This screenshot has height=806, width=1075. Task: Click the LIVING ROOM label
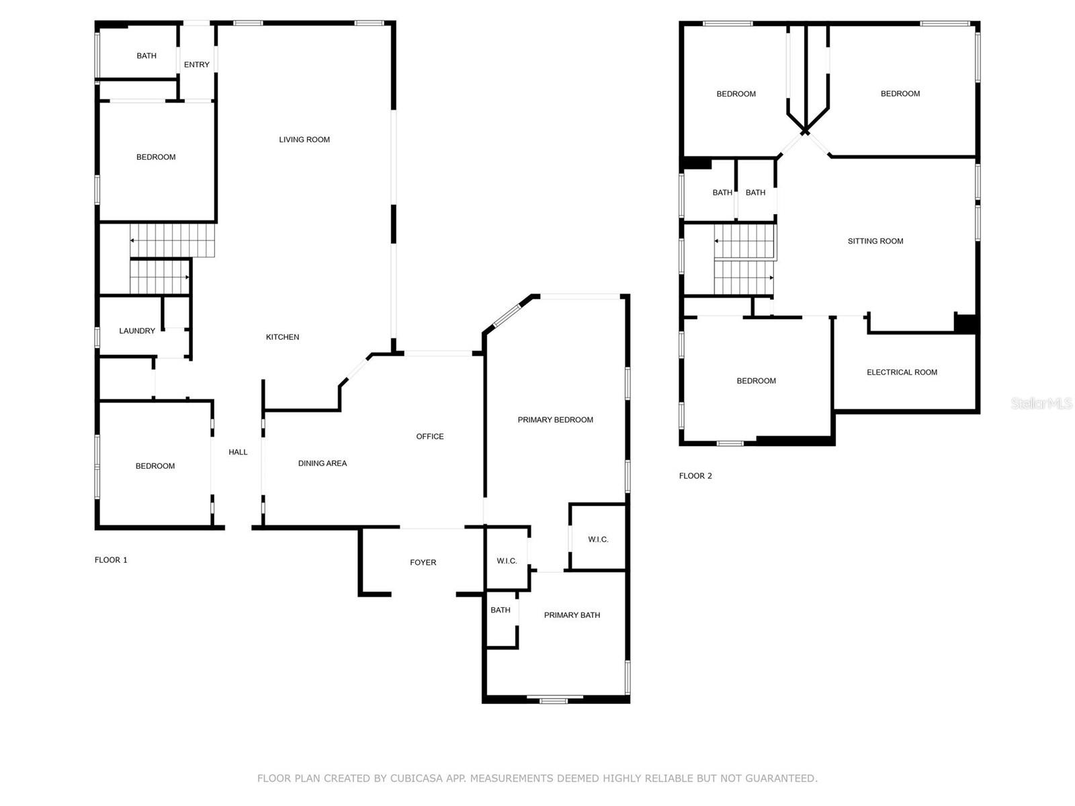point(304,140)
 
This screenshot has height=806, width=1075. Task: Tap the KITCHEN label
point(282,337)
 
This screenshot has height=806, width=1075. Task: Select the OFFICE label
point(429,436)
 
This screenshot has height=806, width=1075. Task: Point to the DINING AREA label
point(322,463)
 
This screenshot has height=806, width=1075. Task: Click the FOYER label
point(423,562)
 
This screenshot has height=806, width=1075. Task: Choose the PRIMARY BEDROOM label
point(555,419)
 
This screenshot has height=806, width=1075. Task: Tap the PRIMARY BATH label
point(572,615)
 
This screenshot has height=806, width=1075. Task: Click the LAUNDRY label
point(136,331)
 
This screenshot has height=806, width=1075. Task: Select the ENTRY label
point(196,64)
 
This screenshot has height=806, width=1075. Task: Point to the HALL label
point(238,451)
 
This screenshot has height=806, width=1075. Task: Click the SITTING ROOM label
point(875,240)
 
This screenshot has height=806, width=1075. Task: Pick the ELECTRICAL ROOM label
point(902,372)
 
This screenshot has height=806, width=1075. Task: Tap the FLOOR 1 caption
point(111,560)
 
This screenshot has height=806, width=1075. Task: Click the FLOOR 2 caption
point(695,476)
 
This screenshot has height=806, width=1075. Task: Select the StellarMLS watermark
point(1041,403)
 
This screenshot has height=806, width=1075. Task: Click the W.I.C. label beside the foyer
point(507,561)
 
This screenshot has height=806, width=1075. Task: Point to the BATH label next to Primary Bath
point(500,610)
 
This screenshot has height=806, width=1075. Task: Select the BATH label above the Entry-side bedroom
point(146,56)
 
